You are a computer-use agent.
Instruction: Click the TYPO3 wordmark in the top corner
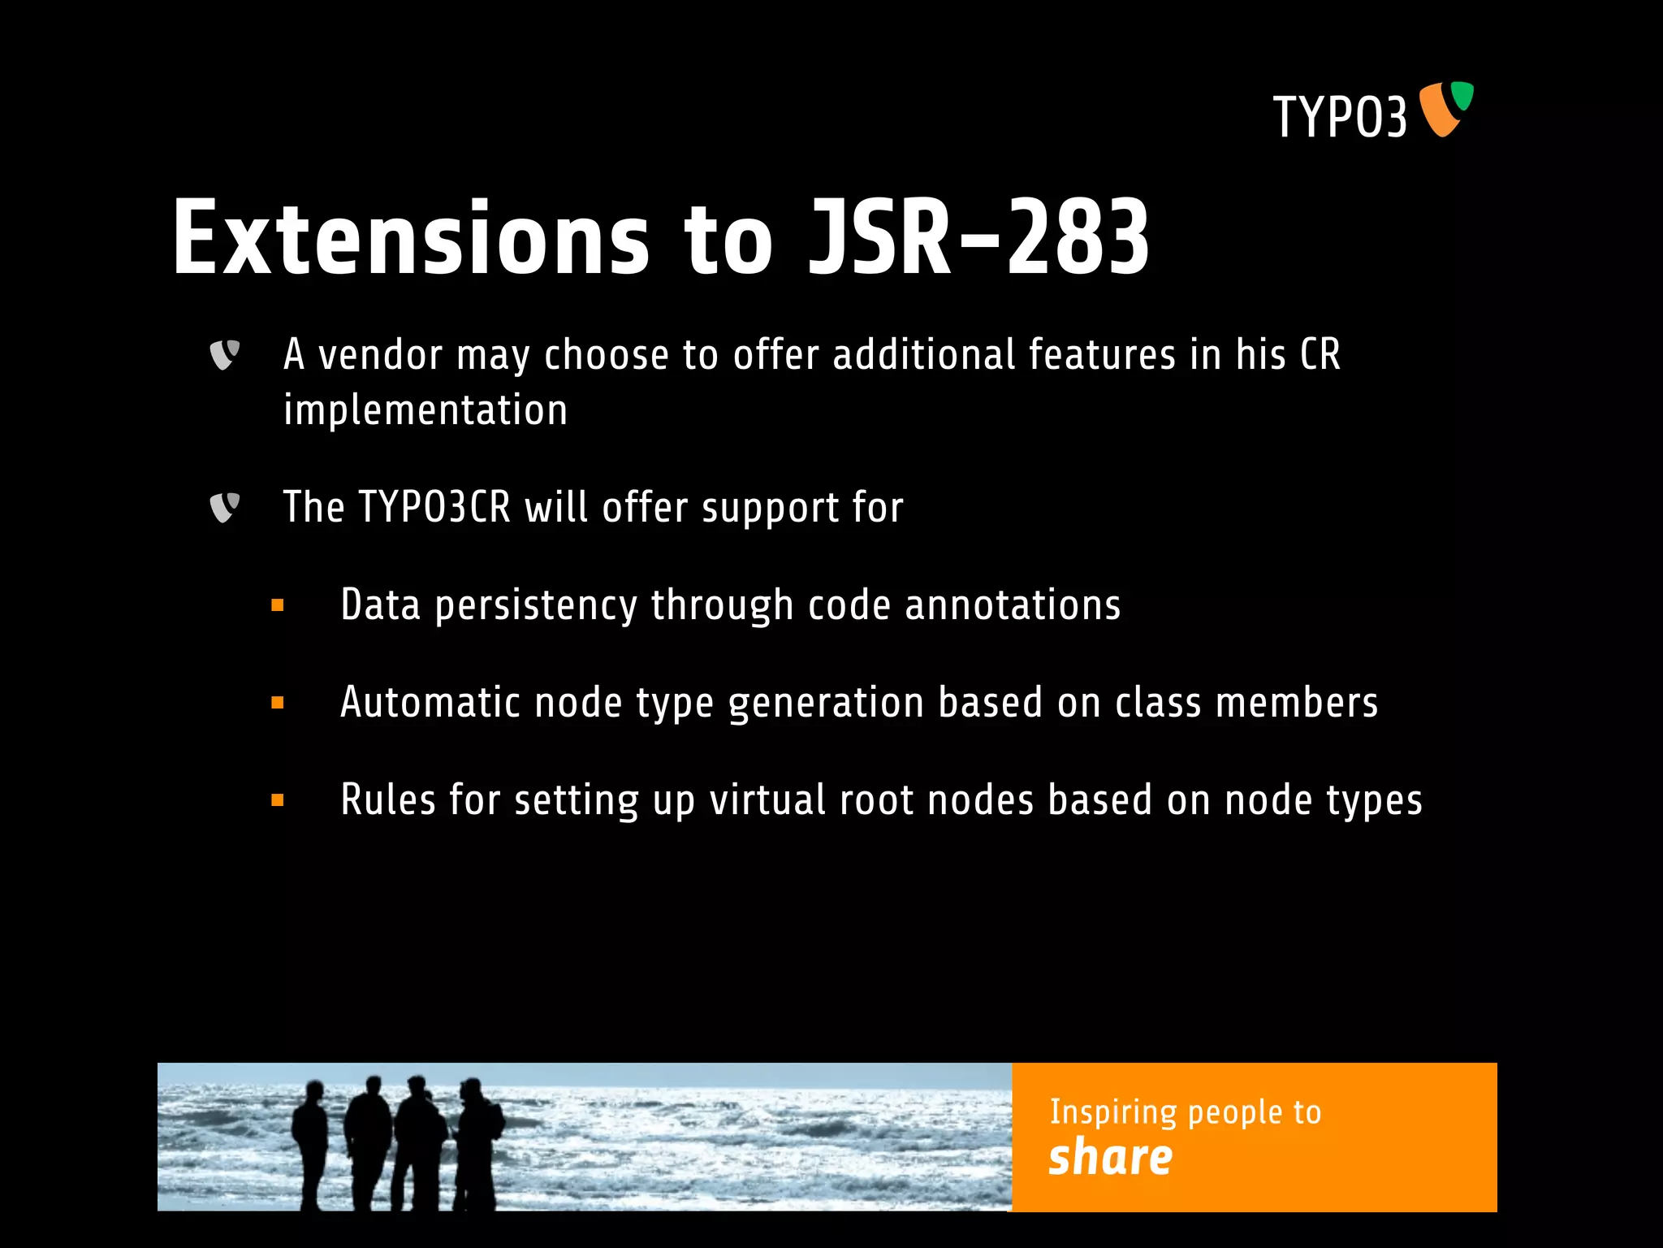[x=1339, y=117]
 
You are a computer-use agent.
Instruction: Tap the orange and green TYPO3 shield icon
[x=1445, y=108]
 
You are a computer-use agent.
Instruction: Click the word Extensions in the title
[x=411, y=238]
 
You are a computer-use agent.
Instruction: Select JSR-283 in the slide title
[x=978, y=238]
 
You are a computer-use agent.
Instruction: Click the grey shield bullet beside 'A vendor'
[x=224, y=354]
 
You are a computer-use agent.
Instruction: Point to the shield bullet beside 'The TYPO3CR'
[x=224, y=508]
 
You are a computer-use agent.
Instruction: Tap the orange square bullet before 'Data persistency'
[x=278, y=605]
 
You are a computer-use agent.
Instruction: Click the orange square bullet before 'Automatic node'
[x=278, y=703]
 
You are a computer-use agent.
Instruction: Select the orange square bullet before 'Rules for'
[x=278, y=800]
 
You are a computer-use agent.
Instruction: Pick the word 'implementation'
[x=425, y=410]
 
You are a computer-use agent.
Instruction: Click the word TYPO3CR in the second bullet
[x=434, y=508]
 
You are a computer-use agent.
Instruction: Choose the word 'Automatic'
[x=430, y=703]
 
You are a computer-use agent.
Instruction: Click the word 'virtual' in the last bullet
[x=767, y=800]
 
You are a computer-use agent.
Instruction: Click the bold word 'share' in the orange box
[x=1110, y=1157]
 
